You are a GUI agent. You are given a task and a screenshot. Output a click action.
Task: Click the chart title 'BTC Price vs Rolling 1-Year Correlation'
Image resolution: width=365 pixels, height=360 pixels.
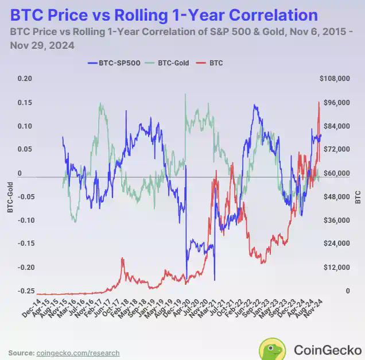point(164,14)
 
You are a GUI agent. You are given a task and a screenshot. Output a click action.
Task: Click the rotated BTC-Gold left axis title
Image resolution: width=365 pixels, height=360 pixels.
point(9,197)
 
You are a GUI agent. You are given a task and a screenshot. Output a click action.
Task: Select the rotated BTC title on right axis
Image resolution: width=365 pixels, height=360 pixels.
point(358,197)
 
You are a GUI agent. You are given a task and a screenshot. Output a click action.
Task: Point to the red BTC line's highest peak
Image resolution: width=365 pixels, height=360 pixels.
point(319,102)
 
